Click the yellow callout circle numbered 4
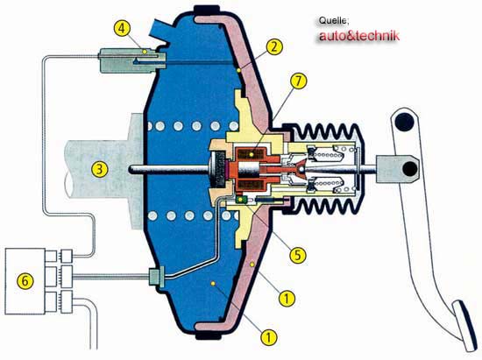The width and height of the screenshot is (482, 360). [x=122, y=28]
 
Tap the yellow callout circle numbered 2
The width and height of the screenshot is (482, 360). [x=274, y=46]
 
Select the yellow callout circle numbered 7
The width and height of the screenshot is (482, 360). [x=298, y=81]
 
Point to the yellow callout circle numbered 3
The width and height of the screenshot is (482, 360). [x=99, y=170]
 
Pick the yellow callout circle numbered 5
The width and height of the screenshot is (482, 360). [x=298, y=255]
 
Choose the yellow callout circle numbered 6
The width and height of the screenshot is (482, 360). [x=25, y=281]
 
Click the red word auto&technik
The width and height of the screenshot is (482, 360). [x=359, y=36]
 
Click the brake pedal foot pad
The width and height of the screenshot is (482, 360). [x=465, y=326]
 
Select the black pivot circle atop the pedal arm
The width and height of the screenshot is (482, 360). [x=405, y=122]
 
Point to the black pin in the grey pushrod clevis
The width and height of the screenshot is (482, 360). [x=410, y=169]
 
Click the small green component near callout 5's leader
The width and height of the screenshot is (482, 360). [x=241, y=200]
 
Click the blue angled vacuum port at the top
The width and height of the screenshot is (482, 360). [x=161, y=31]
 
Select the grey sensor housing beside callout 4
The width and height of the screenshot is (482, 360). [x=132, y=60]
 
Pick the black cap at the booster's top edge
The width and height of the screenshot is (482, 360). [x=207, y=11]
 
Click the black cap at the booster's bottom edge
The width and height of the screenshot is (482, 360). [x=209, y=335]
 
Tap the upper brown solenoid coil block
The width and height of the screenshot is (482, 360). [x=252, y=153]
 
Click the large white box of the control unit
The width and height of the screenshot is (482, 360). [x=25, y=281]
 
